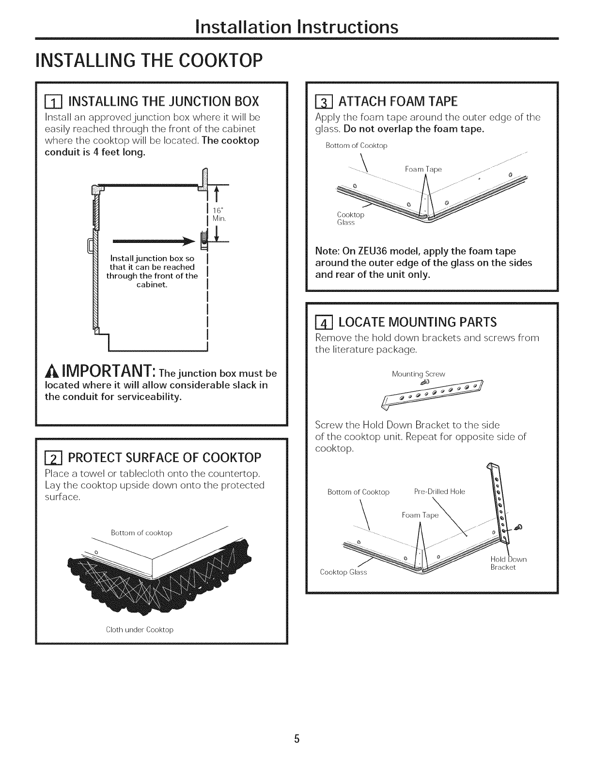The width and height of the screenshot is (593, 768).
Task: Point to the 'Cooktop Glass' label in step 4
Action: [x=343, y=572]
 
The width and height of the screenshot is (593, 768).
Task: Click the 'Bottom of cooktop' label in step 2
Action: [x=141, y=533]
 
